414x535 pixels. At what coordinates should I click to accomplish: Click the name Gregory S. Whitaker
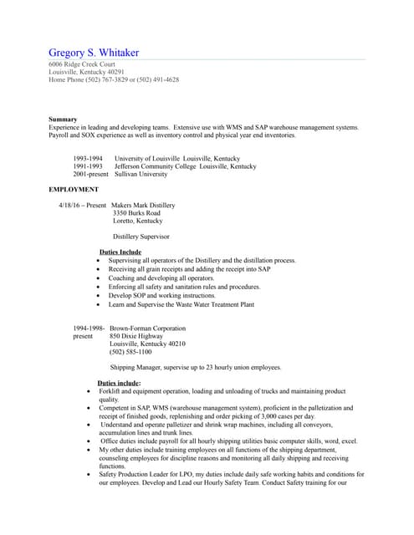tap(94, 53)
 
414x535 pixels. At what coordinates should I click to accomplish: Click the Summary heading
tap(63, 120)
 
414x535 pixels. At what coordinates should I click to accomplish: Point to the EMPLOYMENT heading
tap(74, 190)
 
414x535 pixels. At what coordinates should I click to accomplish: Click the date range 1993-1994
tap(89, 159)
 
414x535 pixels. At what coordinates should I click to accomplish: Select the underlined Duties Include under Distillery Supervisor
tap(120, 252)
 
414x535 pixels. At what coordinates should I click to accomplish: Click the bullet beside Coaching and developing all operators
tap(100, 278)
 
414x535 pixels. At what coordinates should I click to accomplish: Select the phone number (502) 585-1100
tap(131, 352)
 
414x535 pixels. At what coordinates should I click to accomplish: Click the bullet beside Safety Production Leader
tap(89, 474)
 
